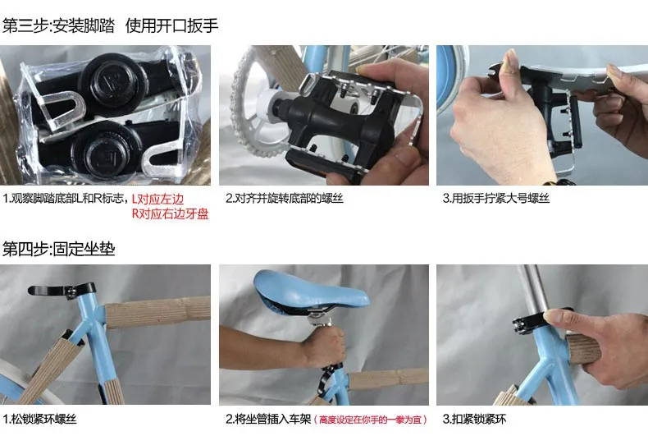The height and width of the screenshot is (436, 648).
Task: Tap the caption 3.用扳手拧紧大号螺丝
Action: tap(495, 199)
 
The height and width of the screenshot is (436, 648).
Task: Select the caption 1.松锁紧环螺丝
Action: tap(44, 419)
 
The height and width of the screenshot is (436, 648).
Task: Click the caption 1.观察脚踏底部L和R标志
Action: tap(66, 199)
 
